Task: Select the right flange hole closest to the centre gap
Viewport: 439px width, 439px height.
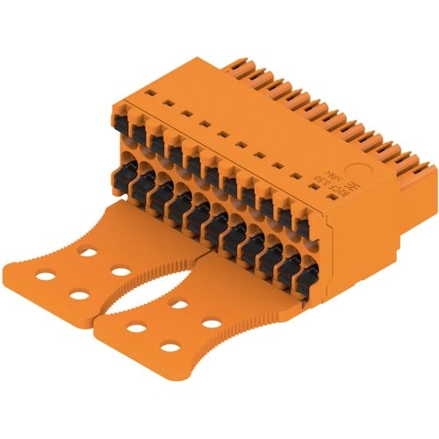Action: click(135, 328)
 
